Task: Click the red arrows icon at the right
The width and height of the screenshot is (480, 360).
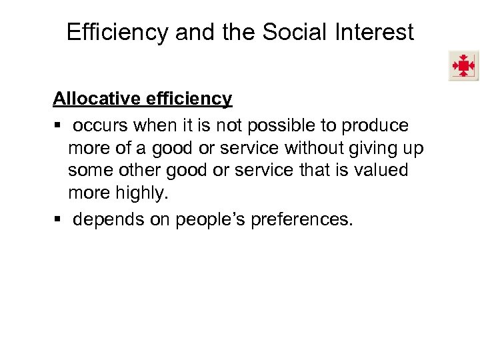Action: click(x=463, y=66)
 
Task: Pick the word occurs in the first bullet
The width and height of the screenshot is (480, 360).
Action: click(x=101, y=125)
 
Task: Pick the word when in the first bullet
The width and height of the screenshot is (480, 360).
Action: click(x=153, y=125)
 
